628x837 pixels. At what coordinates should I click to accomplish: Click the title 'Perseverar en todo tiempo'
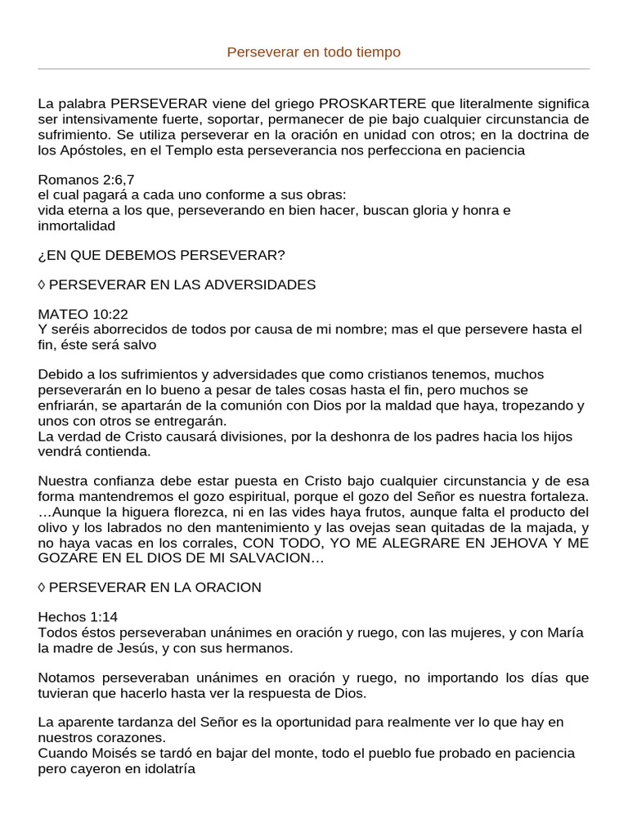314,52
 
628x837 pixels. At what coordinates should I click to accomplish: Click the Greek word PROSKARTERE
372,104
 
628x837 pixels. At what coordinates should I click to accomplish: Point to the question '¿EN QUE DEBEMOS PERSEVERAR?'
162,255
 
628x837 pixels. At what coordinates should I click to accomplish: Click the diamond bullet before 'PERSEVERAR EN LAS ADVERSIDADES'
43,284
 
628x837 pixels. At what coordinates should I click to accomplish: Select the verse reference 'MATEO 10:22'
83,314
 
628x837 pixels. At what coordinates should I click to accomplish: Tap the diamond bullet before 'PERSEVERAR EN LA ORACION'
43,587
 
